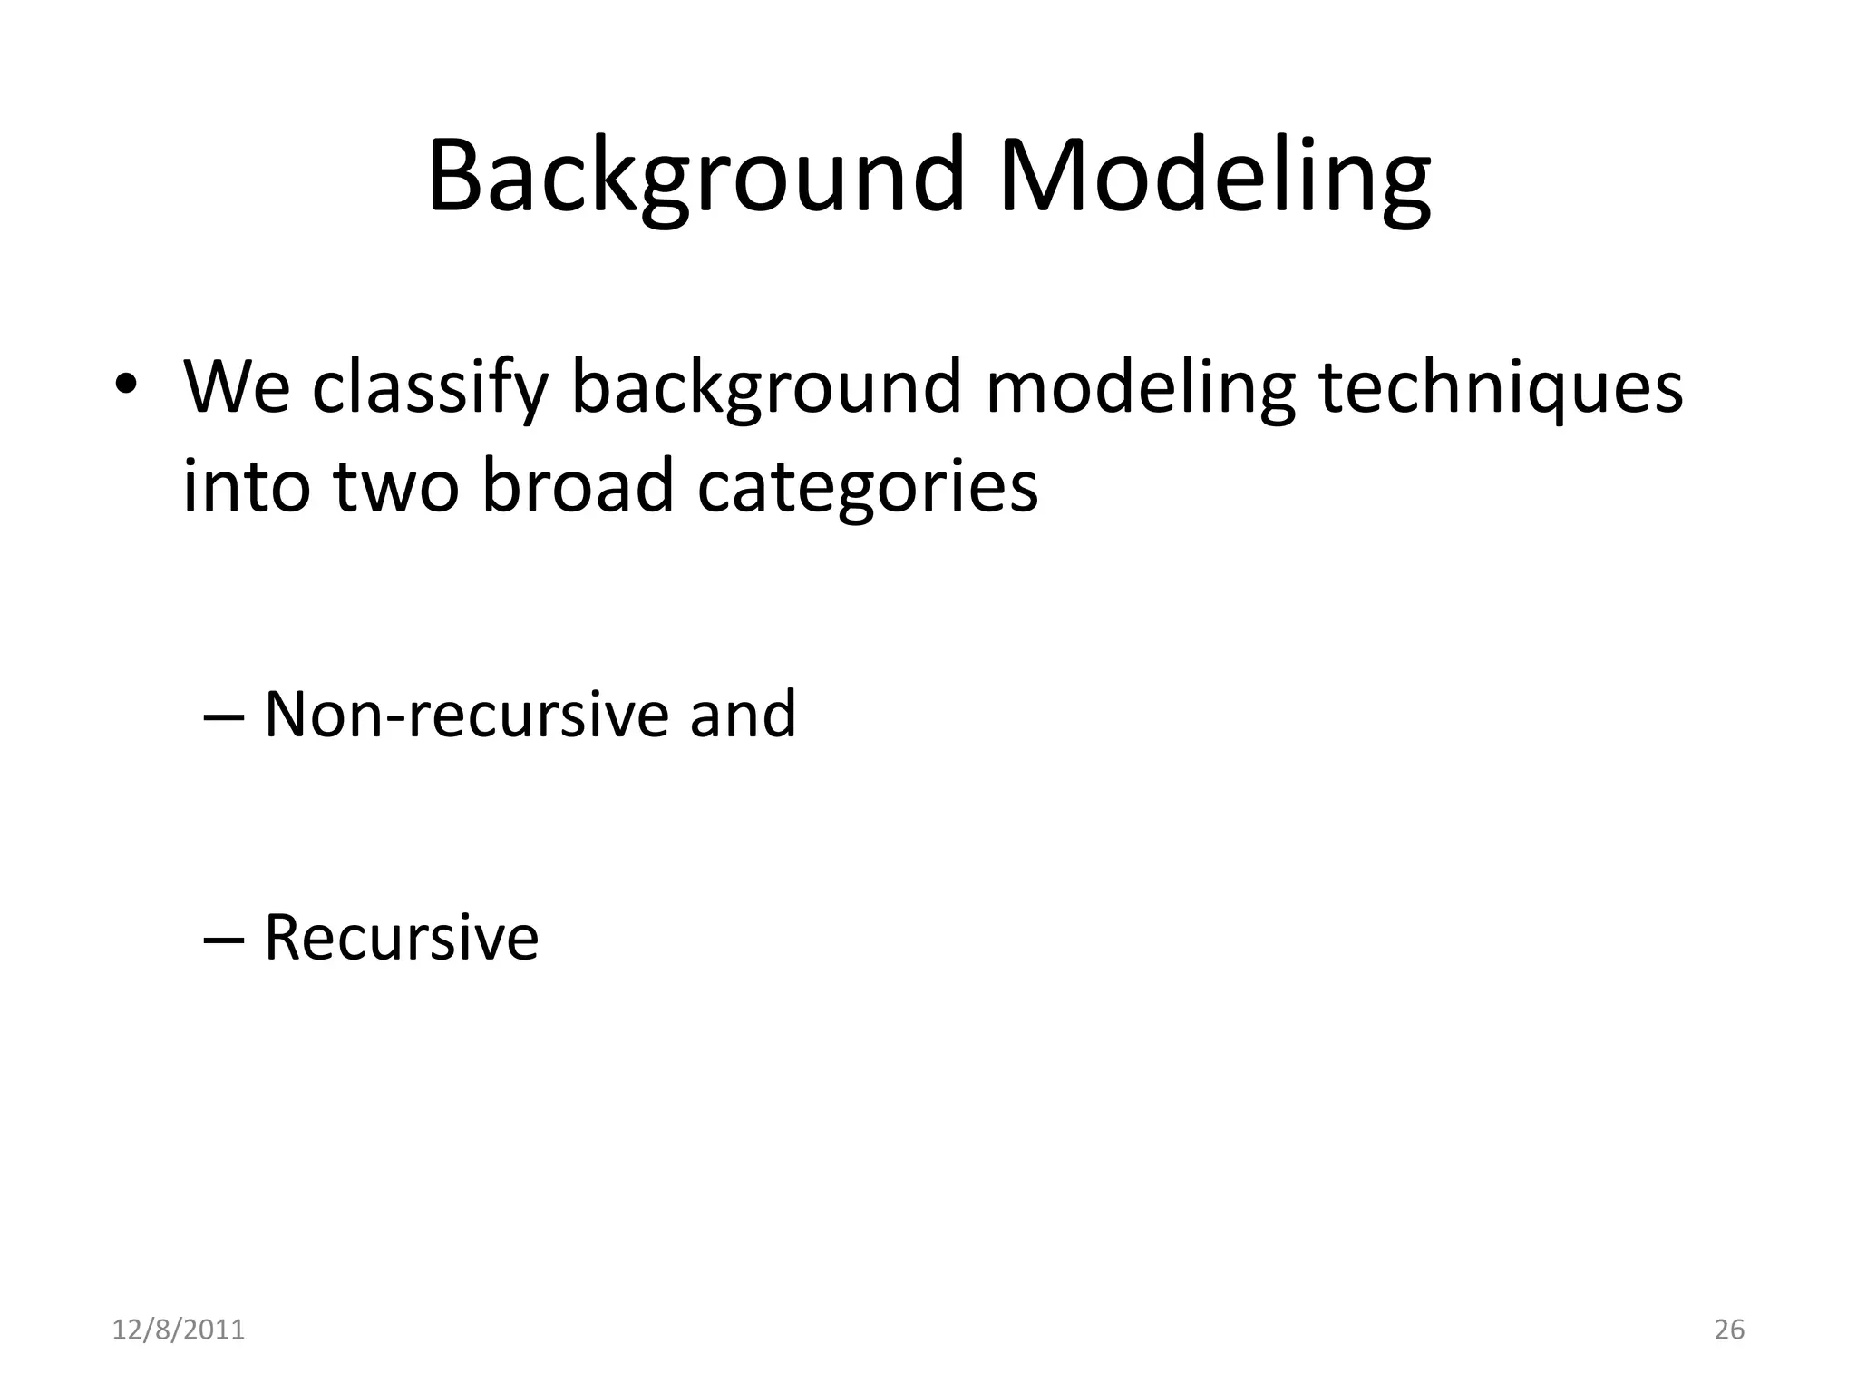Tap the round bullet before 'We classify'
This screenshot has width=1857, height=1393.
126,382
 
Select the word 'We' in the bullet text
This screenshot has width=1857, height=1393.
237,387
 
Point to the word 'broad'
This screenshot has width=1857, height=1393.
578,485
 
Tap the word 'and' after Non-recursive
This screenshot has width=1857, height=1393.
743,715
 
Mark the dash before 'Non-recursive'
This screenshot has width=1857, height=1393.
224,716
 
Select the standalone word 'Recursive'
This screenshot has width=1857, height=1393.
401,938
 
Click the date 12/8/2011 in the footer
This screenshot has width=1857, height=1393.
179,1330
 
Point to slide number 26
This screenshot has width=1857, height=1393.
1729,1330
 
